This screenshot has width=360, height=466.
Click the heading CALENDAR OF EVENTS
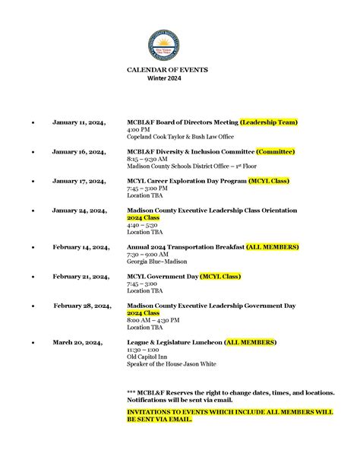click(x=167, y=70)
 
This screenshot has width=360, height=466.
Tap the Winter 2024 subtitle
click(x=164, y=78)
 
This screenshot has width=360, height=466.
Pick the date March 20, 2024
click(x=77, y=343)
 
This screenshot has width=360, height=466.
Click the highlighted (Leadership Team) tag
click(x=268, y=122)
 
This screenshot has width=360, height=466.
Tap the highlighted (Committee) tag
click(x=275, y=151)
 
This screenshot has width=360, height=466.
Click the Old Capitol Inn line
click(x=147, y=357)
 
